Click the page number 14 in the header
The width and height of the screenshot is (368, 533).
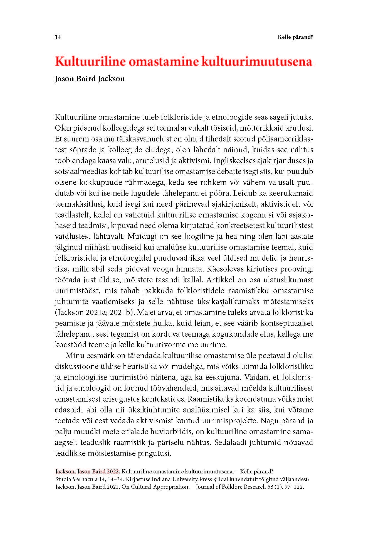58,37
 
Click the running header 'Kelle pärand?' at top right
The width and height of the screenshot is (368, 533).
295,37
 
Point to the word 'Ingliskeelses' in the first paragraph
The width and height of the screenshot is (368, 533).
231,161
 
